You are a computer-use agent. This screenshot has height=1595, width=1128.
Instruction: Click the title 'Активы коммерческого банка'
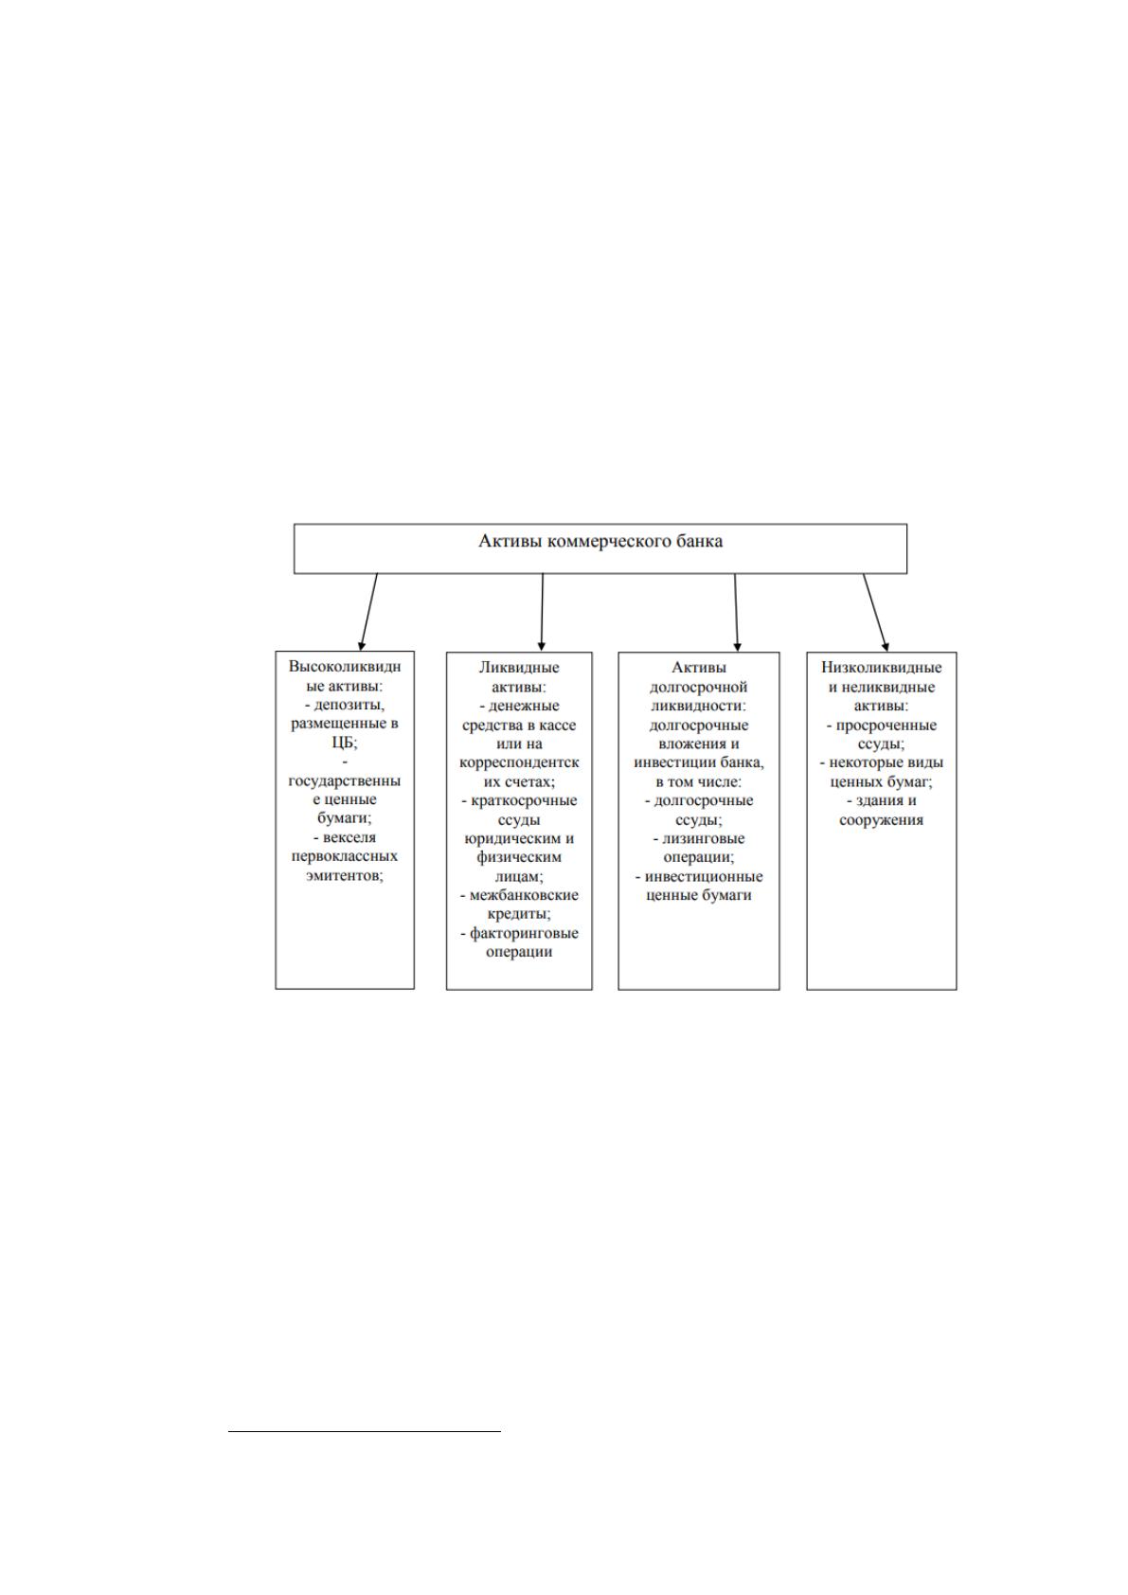click(600, 541)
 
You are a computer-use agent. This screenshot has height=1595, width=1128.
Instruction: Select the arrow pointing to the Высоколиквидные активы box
click(368, 612)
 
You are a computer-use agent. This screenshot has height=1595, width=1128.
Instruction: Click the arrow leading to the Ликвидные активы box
click(542, 612)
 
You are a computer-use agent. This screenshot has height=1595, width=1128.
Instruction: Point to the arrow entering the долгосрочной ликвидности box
click(736, 612)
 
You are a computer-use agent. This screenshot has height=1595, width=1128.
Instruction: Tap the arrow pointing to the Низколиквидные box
click(876, 612)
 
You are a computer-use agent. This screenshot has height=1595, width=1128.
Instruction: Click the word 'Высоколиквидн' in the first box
click(345, 667)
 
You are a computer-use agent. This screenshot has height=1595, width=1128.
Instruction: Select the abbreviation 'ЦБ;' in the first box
click(345, 742)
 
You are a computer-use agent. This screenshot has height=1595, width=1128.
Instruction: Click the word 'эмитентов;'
click(345, 875)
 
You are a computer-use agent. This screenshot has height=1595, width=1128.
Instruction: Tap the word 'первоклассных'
click(345, 856)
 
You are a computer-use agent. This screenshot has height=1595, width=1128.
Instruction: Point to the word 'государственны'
click(345, 780)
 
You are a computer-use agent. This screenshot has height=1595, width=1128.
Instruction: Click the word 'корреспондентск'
click(519, 762)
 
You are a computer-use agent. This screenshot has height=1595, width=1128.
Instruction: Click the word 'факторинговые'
click(524, 933)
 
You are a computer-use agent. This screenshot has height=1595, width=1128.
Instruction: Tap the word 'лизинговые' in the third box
click(704, 838)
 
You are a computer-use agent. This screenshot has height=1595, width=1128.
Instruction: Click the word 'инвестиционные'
click(704, 876)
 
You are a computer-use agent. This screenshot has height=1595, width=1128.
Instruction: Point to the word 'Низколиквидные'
click(881, 667)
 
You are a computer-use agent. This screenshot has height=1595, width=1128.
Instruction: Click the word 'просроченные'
click(886, 725)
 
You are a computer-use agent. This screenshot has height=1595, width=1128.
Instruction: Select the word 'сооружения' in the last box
click(881, 819)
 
